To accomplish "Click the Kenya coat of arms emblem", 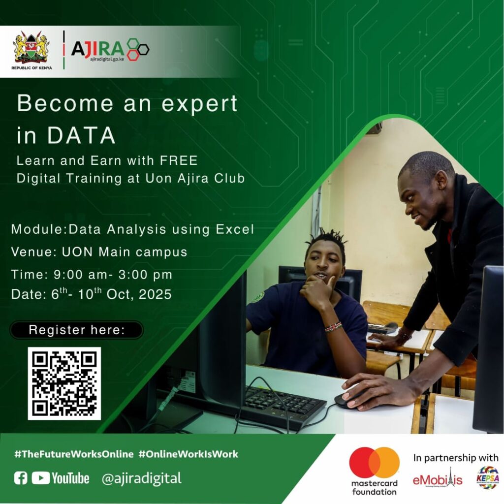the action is coord(31,47).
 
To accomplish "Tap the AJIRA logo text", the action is coord(98,49).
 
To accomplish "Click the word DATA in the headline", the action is coord(81,135).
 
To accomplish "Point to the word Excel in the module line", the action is coord(235,229).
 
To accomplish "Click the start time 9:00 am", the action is coord(77,275).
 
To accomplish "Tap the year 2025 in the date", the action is coord(155,294).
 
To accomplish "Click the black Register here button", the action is coord(76,330).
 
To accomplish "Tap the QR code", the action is coord(64,383).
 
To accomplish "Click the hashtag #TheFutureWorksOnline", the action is coord(74,454).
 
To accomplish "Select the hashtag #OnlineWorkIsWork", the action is coord(189,454).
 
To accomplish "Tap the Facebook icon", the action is coord(21,478).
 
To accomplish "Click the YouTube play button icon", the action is coord(40,478).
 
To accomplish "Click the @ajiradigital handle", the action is coord(141,478).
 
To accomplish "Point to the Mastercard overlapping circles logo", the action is coord(375,462).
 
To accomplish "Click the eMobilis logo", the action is coord(438,478).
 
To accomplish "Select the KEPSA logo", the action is coord(488,477).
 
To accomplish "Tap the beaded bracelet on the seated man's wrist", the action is coord(333,327).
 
